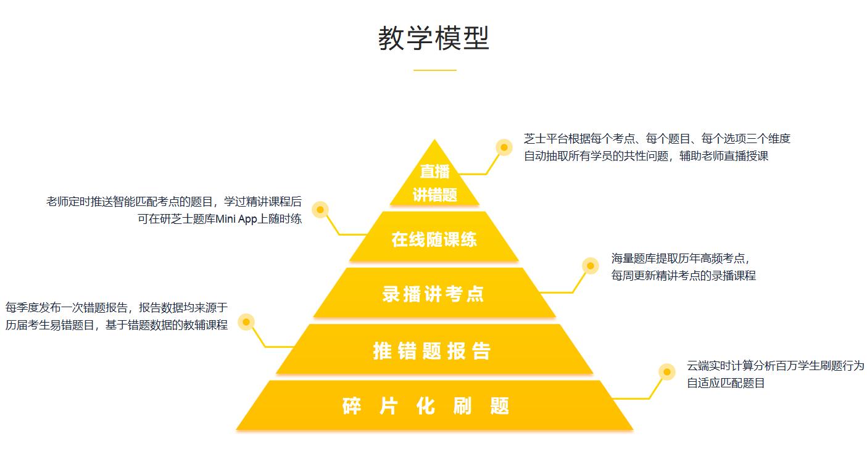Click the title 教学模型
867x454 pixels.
(434, 38)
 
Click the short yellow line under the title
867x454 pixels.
(434, 70)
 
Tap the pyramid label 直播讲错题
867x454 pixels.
(434, 183)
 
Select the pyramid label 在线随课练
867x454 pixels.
(434, 239)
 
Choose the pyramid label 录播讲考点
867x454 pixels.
(434, 294)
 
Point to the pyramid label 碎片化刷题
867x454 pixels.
(426, 406)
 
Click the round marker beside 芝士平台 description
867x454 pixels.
(504, 147)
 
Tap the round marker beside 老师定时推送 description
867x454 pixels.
(320, 210)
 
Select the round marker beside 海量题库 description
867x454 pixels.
(591, 266)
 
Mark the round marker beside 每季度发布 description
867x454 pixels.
(246, 322)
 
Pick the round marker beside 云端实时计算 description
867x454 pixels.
(666, 372)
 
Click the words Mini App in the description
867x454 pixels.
(238, 218)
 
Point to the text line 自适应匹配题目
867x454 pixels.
(726, 383)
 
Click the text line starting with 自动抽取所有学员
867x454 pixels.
(646, 156)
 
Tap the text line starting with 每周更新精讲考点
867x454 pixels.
(683, 275)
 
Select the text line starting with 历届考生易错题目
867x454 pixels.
(117, 325)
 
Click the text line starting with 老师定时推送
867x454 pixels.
(174, 201)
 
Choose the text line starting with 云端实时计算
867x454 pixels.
(776, 365)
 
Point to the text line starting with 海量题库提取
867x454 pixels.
(680, 258)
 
